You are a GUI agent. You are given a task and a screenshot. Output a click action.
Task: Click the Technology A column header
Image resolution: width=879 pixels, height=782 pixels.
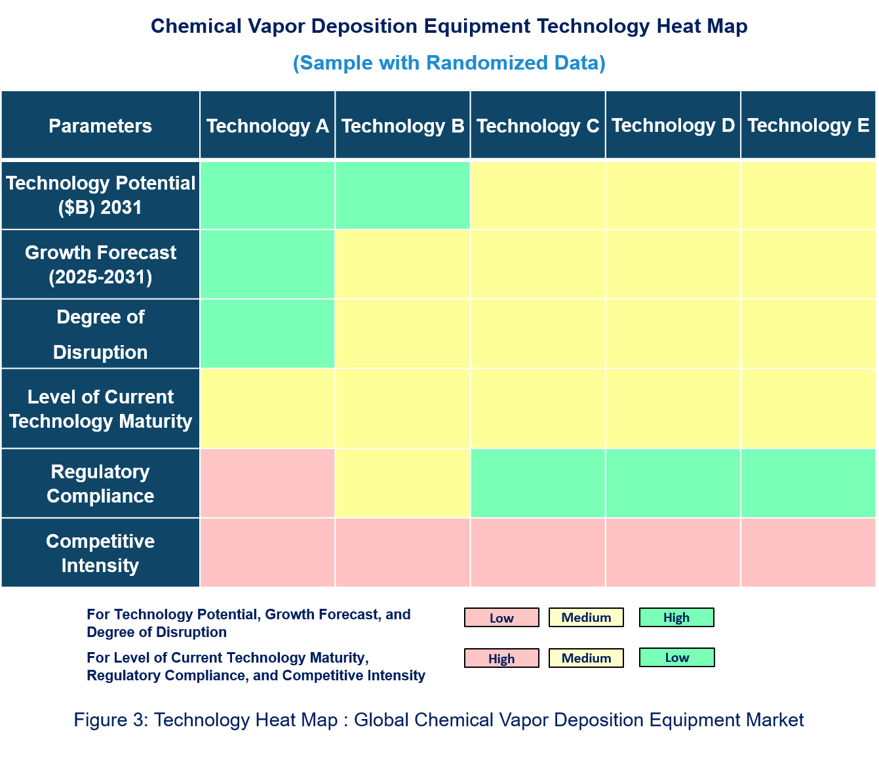pos(267,125)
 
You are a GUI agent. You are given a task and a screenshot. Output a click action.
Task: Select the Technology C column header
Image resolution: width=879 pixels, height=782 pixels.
pos(537,125)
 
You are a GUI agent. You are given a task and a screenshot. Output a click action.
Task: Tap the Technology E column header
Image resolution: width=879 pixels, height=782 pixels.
pos(808,125)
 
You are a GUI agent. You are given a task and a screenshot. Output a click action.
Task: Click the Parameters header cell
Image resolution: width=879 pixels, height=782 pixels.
pos(100,125)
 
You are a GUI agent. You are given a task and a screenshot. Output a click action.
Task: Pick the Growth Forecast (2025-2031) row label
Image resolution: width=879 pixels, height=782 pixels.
pos(100,264)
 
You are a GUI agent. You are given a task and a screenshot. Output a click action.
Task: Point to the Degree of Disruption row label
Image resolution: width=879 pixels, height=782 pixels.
pos(100,334)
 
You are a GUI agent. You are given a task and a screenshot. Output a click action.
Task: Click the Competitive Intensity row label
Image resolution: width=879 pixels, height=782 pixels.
pos(100,553)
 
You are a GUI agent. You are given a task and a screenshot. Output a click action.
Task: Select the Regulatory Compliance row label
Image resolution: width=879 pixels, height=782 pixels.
pos(100,484)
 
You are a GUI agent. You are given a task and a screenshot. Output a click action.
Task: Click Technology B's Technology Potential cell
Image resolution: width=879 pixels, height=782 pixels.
pos(402,195)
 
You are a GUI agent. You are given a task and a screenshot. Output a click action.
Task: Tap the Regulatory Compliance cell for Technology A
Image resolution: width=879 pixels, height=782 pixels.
pos(267,484)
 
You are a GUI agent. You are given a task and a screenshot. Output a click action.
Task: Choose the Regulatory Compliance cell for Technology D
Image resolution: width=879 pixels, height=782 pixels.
pos(673,484)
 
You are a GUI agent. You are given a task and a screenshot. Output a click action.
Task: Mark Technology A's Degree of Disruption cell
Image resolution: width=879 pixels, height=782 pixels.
pos(267,334)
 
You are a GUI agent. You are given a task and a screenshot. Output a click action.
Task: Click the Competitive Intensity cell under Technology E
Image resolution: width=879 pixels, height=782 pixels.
pos(808,553)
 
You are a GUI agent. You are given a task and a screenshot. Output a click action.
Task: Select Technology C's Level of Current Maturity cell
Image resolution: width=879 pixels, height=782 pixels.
pos(537,408)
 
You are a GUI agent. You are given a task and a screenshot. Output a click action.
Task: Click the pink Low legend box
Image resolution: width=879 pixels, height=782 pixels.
pos(501,617)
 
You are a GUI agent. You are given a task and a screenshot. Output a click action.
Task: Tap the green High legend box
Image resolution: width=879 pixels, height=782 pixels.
pos(676,617)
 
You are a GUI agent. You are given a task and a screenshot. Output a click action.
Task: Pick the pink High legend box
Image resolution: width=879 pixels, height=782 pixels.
pos(501,658)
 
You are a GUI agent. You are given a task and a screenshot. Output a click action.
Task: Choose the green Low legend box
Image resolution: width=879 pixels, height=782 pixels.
pos(676,657)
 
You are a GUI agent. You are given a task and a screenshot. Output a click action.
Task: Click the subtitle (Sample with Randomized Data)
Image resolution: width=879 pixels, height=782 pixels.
pos(449,63)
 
